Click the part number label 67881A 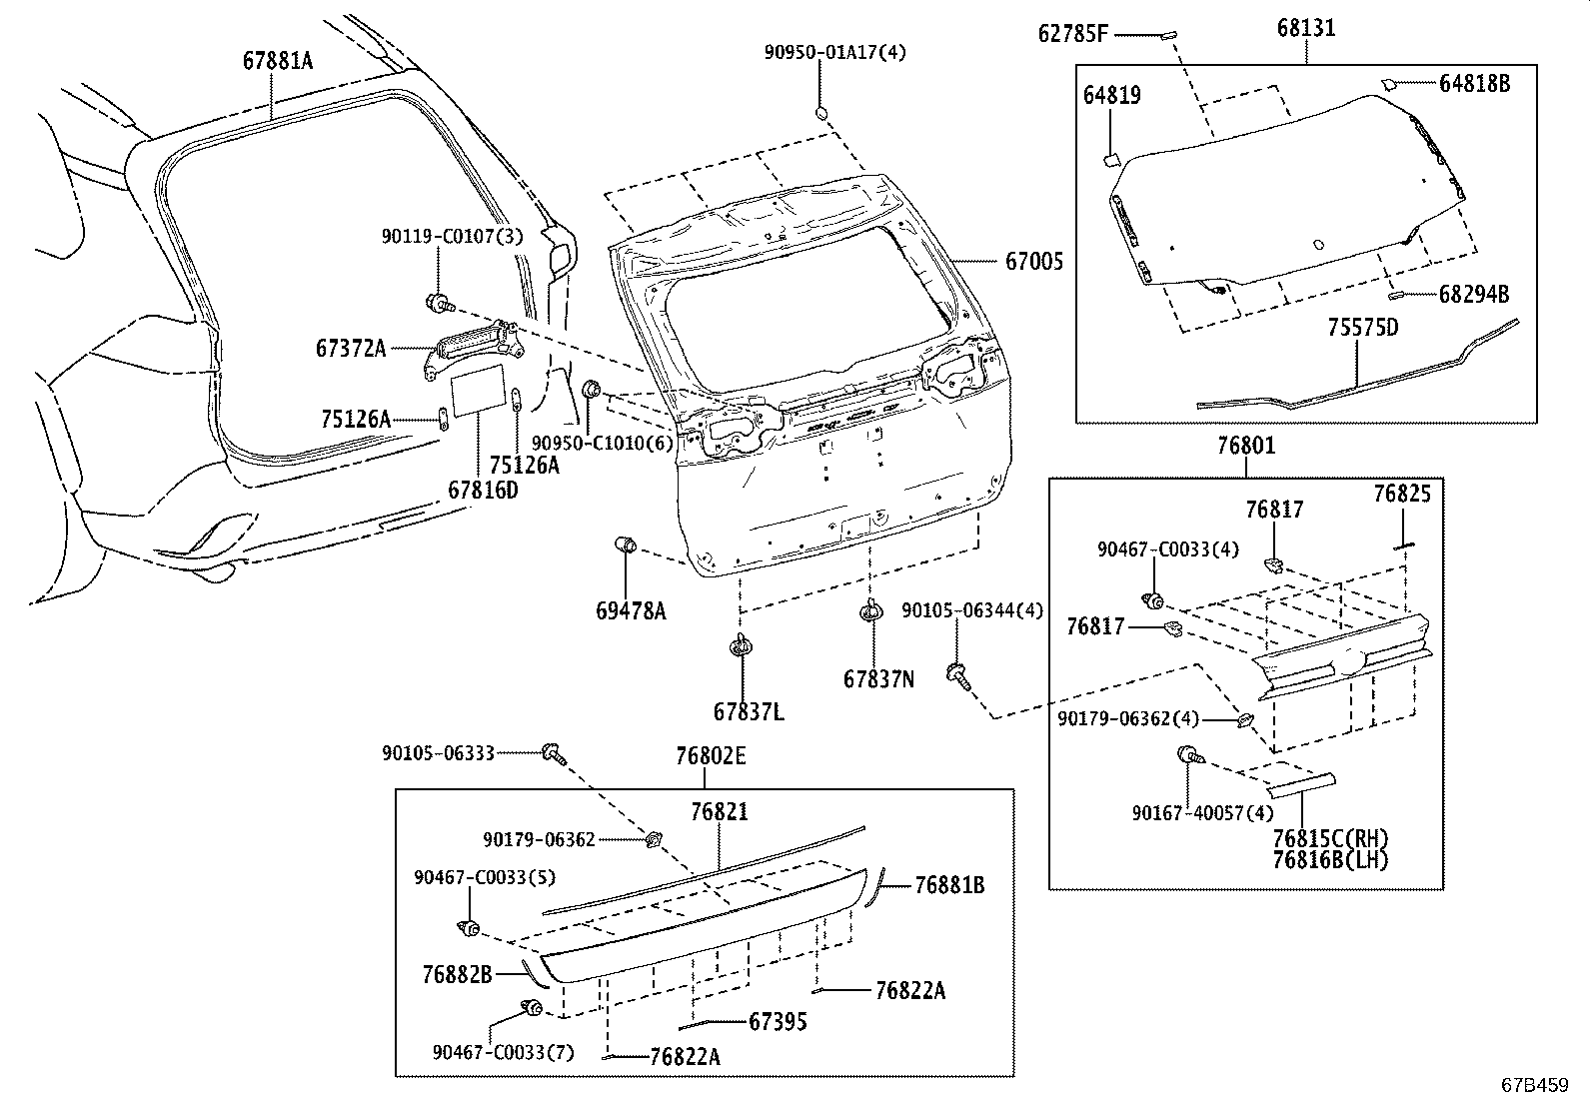[x=277, y=61]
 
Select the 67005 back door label [x=1033, y=262]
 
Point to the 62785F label [x=1072, y=34]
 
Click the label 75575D [x=1362, y=327]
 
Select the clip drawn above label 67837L [x=741, y=646]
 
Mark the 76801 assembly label [x=1245, y=445]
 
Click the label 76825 [x=1401, y=494]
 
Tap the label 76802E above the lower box [x=710, y=756]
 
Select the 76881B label [x=949, y=885]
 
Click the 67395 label [x=778, y=1021]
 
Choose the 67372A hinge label [x=350, y=348]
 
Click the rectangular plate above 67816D [x=480, y=390]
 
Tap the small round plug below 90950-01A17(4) [x=821, y=111]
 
